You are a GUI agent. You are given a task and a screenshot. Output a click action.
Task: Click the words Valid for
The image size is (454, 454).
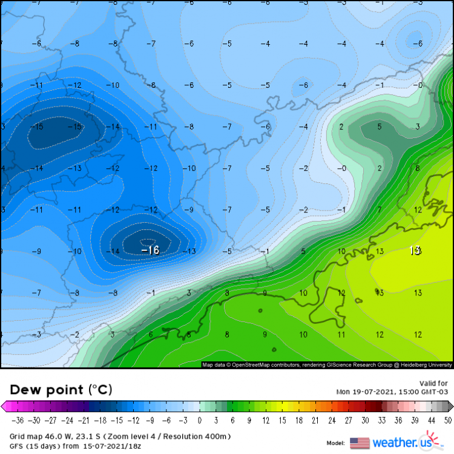click(433, 383)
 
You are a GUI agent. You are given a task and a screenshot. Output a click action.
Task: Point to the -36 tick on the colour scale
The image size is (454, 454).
click(19, 420)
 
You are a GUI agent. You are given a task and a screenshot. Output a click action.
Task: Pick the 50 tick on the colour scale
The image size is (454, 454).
click(447, 420)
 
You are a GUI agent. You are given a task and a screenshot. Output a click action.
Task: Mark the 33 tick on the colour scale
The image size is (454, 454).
click(381, 420)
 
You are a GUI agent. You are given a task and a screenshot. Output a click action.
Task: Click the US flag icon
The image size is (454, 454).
click(360, 443)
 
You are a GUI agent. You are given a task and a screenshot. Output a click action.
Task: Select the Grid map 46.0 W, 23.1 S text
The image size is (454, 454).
click(61, 436)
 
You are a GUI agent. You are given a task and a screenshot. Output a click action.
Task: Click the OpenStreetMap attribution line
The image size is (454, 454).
click(327, 365)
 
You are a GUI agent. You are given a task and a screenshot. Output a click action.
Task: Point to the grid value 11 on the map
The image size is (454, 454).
click(341, 334)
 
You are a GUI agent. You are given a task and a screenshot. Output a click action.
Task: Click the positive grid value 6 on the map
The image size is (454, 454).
click(151, 334)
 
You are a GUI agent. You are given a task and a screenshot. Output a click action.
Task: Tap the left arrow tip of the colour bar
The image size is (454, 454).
click(3, 407)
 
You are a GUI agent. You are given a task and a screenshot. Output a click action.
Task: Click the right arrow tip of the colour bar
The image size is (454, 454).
click(451, 407)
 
